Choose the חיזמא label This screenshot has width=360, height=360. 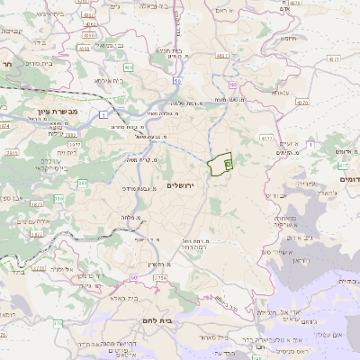tap(287, 39)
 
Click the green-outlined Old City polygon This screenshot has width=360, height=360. tap(219, 165)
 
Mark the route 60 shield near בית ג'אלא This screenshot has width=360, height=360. tap(132, 277)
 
